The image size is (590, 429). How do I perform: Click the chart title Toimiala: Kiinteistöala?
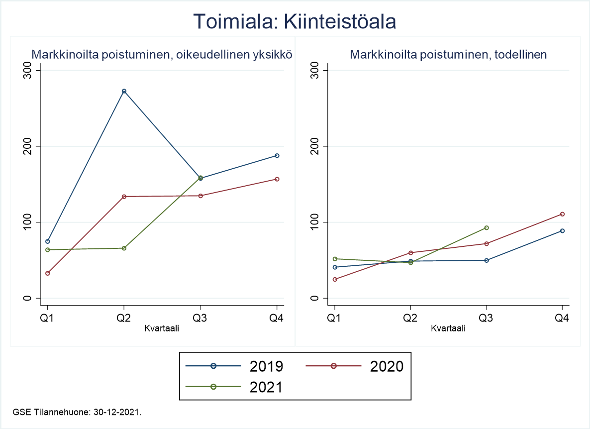coord(295,22)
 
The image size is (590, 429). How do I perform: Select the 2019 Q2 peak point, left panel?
coord(124,91)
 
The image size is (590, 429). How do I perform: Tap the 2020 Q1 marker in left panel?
coord(48,273)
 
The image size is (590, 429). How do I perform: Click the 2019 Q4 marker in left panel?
coord(277,156)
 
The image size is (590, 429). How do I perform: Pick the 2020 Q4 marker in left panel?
coord(277,179)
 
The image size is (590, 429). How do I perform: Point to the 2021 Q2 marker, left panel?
coord(124,248)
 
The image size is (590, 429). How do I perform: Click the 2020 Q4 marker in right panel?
coord(563,214)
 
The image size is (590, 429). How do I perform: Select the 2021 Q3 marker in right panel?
coord(487,228)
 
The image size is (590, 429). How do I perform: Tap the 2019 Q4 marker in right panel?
coord(563,231)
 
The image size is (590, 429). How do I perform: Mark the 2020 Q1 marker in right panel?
coord(335,279)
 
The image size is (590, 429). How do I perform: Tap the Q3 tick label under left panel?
coord(200,319)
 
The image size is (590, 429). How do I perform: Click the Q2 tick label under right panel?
coord(410,319)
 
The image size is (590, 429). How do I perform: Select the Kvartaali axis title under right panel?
coord(448,328)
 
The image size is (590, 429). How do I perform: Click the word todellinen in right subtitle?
coord(522,55)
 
